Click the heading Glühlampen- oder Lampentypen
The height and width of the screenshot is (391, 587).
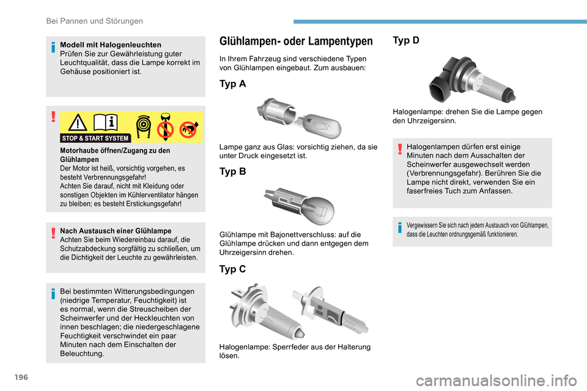coord(295,42)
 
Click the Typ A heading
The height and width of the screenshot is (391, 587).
coord(232,84)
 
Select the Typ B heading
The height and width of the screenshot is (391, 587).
coord(232,172)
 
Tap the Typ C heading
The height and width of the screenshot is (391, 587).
coord(232,269)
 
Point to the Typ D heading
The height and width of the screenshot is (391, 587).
coord(406,40)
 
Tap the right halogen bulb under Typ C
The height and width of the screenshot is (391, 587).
coord(330,311)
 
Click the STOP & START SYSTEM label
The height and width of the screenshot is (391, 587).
coord(96,138)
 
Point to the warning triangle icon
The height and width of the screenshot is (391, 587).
coord(78,123)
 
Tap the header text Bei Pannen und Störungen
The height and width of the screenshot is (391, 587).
coord(95,21)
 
